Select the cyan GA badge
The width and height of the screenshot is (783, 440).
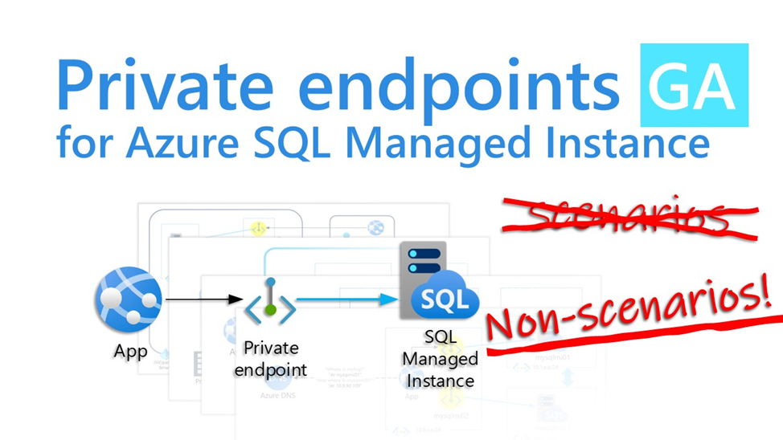tap(693, 86)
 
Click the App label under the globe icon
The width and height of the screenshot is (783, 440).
tap(129, 352)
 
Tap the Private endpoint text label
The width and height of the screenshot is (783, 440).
tap(270, 359)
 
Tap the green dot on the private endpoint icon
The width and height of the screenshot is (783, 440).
tap(270, 310)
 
